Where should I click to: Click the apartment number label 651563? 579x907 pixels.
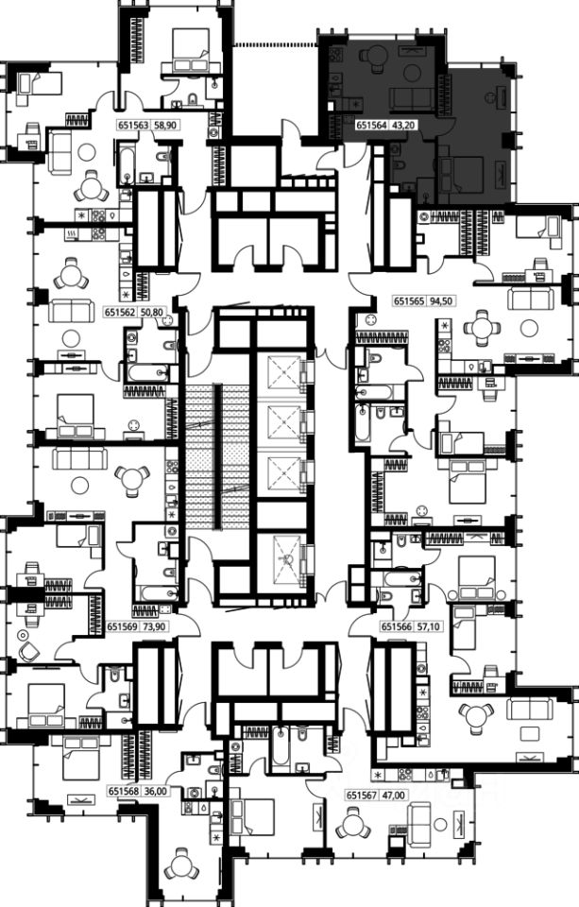point(133,125)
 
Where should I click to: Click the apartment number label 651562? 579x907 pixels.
point(120,313)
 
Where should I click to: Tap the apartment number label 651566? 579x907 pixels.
point(395,625)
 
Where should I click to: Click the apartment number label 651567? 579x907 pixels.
point(361,796)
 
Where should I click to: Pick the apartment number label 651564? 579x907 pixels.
point(371,125)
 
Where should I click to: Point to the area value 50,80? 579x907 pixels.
point(150,313)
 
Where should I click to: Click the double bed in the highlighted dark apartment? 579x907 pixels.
point(461,174)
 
